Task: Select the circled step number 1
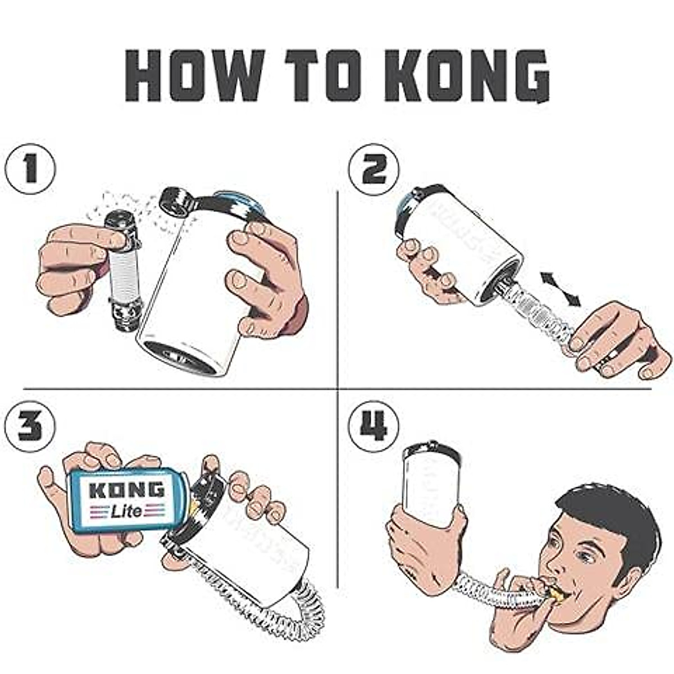click(30, 168)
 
